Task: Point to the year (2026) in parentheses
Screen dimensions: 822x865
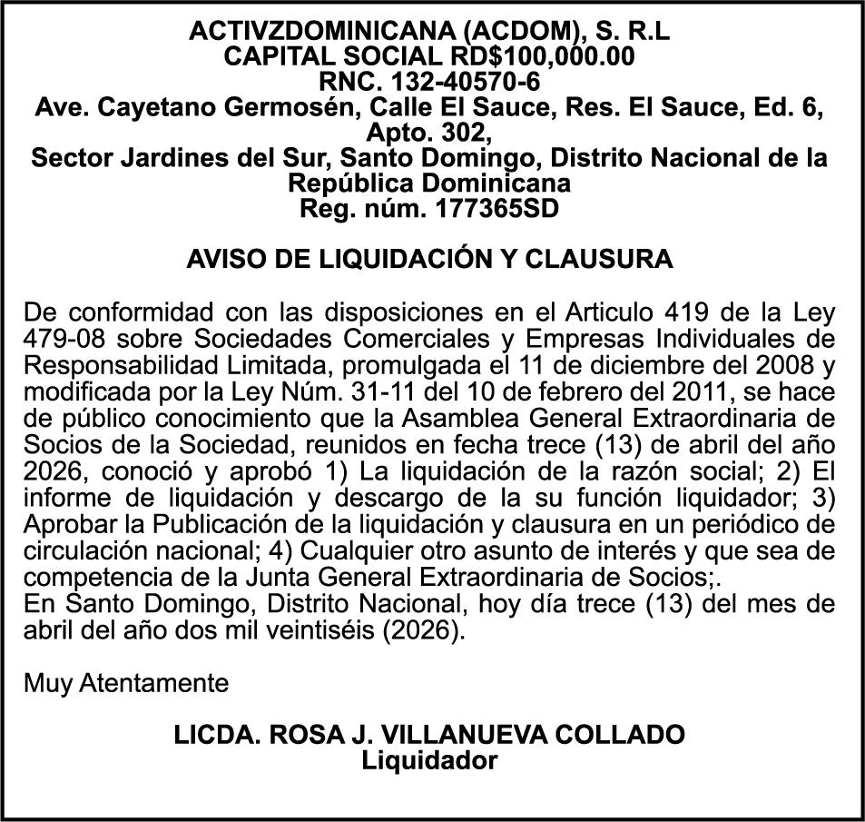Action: click(428, 629)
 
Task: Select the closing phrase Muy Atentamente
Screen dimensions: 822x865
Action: click(126, 682)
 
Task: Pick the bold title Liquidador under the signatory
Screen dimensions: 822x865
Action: click(430, 759)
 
